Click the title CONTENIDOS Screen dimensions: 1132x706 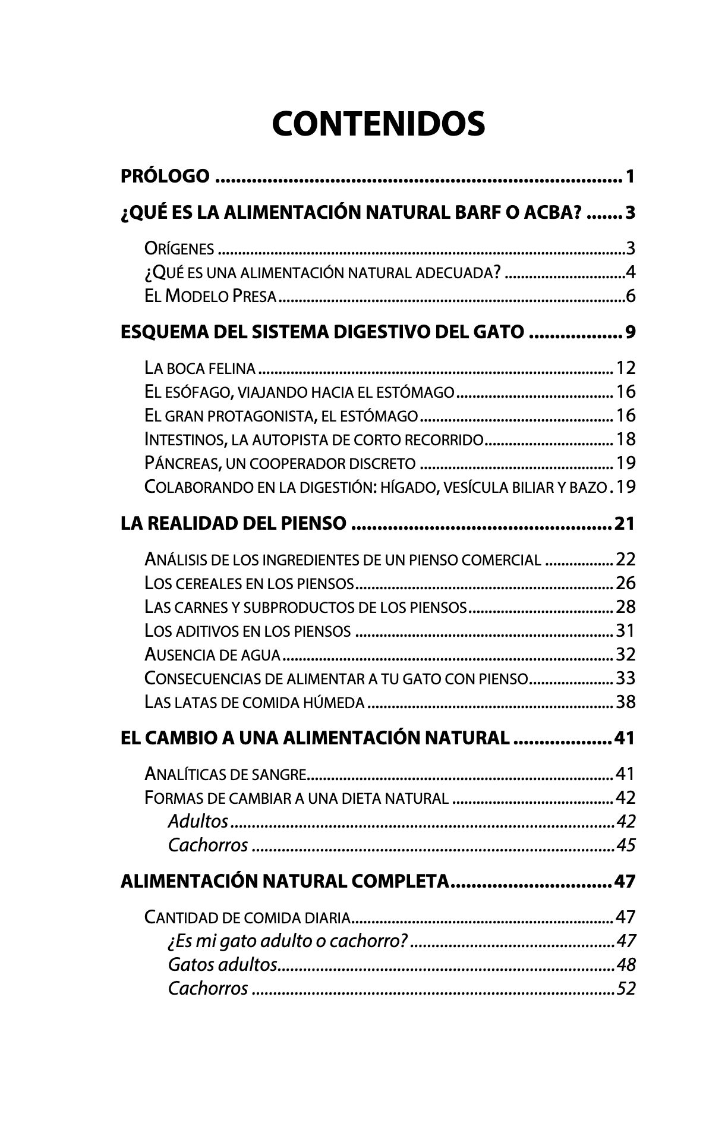click(378, 124)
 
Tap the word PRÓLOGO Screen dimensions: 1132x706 click(165, 177)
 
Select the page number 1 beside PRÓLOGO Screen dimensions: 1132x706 click(630, 177)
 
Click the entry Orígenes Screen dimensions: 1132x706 click(179, 249)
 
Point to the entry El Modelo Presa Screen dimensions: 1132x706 click(210, 296)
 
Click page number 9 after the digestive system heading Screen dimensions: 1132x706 click(630, 332)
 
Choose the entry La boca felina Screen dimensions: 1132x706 click(200, 369)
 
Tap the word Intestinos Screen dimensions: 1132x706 click(184, 440)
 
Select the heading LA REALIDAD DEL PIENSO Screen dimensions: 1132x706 click(233, 524)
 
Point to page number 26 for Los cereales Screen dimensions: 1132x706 click(626, 583)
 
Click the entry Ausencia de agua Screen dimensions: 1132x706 click(212, 655)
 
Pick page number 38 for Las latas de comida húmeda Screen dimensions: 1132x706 click(626, 703)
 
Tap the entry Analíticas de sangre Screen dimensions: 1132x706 click(225, 775)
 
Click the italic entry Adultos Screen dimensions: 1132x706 click(198, 822)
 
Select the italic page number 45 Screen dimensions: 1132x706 click(626, 845)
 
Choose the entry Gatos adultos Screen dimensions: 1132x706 click(222, 964)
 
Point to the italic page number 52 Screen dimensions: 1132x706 click(626, 988)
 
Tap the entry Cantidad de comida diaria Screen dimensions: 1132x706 click(247, 917)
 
